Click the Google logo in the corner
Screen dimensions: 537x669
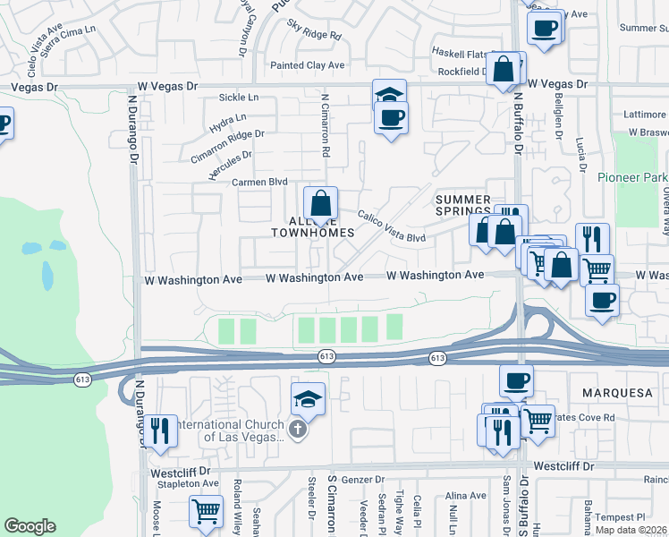pyautogui.click(x=30, y=526)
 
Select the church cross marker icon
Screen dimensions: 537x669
pyautogui.click(x=299, y=430)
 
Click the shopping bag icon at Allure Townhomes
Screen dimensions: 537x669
pyautogui.click(x=320, y=203)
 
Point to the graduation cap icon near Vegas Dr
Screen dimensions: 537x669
pyautogui.click(x=389, y=95)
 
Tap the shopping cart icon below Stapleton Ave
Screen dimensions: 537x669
pyautogui.click(x=206, y=512)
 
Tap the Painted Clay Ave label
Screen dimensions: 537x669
pyautogui.click(x=308, y=65)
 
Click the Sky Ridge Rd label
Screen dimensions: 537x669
pyautogui.click(x=315, y=36)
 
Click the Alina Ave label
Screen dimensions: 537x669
pyautogui.click(x=465, y=495)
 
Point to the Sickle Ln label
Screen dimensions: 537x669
pyautogui.click(x=240, y=97)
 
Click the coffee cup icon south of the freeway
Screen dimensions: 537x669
pyautogui.click(x=516, y=380)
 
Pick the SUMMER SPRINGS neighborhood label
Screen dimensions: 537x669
pyautogui.click(x=463, y=205)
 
